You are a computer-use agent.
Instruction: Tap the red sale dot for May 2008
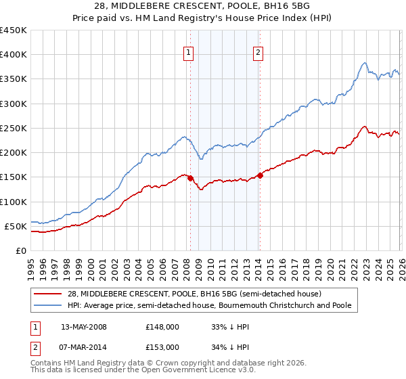190,178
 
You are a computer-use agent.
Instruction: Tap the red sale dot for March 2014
260,175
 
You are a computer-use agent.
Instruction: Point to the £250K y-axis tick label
14,128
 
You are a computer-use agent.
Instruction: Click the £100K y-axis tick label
14,202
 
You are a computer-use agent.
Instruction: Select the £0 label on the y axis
22,250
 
